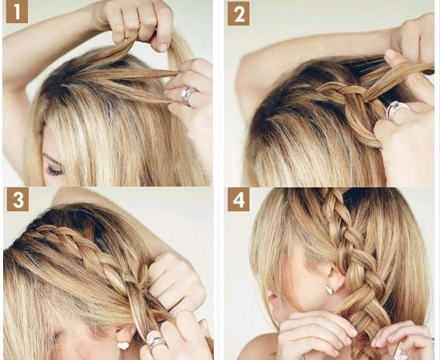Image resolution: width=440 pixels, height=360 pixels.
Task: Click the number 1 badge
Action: coord(17,12)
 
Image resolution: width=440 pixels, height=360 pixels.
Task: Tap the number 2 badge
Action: coord(239,13)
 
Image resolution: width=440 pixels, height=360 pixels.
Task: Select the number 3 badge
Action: coord(18,199)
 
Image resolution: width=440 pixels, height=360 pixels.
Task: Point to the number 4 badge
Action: coord(239,199)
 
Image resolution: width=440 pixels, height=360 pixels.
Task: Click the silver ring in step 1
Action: coord(187,95)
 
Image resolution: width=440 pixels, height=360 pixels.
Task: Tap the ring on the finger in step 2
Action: coord(396,110)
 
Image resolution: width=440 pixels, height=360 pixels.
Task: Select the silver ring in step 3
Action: coord(156,343)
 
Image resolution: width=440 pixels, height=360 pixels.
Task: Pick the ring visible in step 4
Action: coord(397,351)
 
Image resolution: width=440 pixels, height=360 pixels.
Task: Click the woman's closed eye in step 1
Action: coord(54,170)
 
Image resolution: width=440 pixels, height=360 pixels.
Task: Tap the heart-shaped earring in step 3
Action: coord(123,345)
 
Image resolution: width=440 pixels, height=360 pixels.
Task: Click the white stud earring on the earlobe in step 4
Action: coord(329,290)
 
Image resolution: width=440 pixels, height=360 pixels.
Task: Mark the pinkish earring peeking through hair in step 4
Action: coord(271,295)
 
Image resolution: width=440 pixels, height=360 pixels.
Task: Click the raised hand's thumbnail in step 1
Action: coord(163,46)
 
